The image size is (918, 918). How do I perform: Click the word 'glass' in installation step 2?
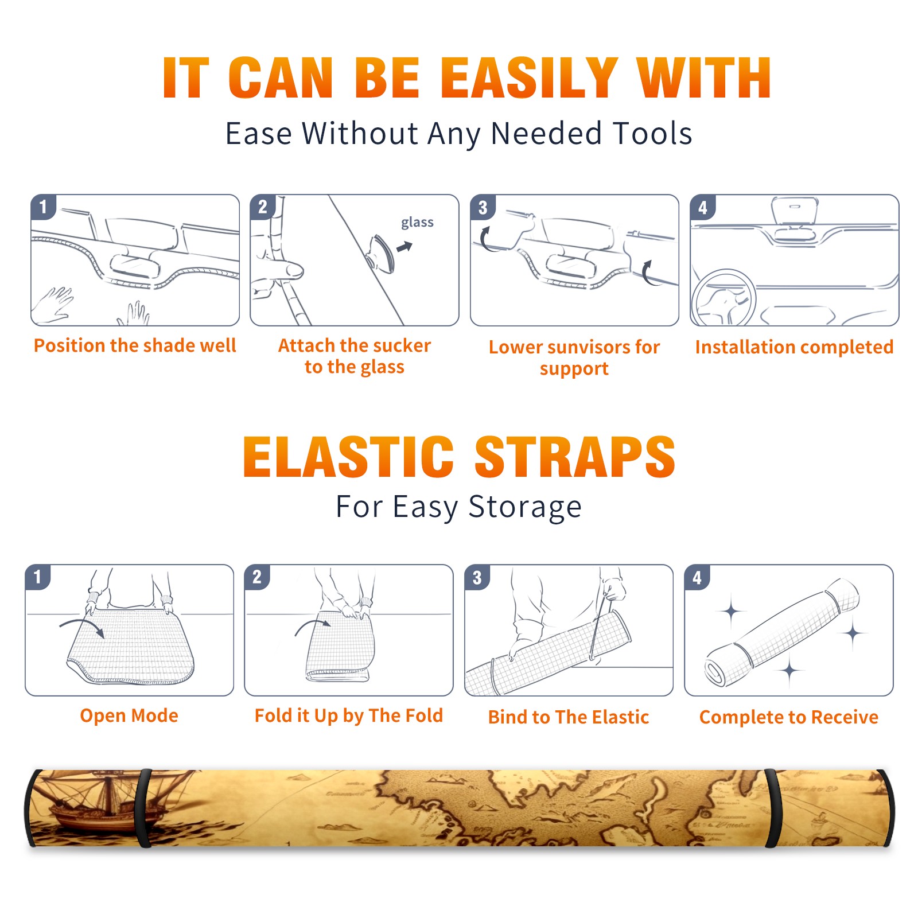[x=417, y=223]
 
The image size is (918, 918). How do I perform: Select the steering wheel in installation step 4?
[x=723, y=298]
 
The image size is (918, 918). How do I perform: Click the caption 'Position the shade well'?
[x=135, y=345]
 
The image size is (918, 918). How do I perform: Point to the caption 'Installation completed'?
[x=794, y=347]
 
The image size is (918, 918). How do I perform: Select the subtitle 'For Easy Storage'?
[x=458, y=507]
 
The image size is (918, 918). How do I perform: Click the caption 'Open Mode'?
[x=129, y=715]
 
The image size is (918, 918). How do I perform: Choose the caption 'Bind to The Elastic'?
[x=568, y=717]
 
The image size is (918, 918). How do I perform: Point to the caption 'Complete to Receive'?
[x=789, y=717]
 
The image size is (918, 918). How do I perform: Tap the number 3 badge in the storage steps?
[x=477, y=577]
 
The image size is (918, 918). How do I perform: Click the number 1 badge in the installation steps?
[x=43, y=207]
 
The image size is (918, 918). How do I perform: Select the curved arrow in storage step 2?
[x=313, y=627]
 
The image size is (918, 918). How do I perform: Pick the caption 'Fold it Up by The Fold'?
[x=349, y=715]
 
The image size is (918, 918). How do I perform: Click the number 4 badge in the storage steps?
[x=697, y=577]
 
